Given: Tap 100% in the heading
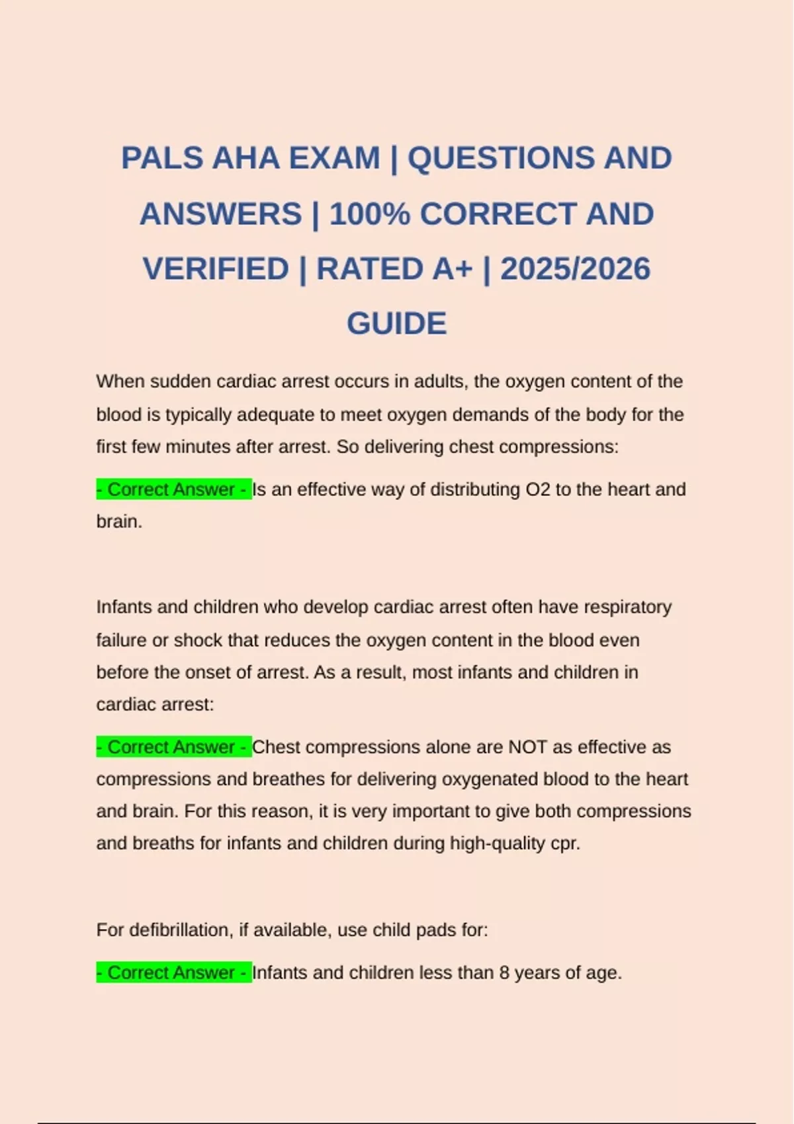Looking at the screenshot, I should (x=371, y=214).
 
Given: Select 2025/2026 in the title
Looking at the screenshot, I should (x=575, y=269).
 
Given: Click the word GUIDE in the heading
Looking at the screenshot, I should (x=396, y=324).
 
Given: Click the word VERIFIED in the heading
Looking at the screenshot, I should (x=216, y=269).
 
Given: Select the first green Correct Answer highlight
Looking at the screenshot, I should (x=173, y=489).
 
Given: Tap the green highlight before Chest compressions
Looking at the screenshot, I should (x=173, y=747).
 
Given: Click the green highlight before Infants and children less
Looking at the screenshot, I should (x=173, y=973).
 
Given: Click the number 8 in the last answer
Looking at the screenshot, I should (x=504, y=973).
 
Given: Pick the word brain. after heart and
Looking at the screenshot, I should (x=119, y=522).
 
